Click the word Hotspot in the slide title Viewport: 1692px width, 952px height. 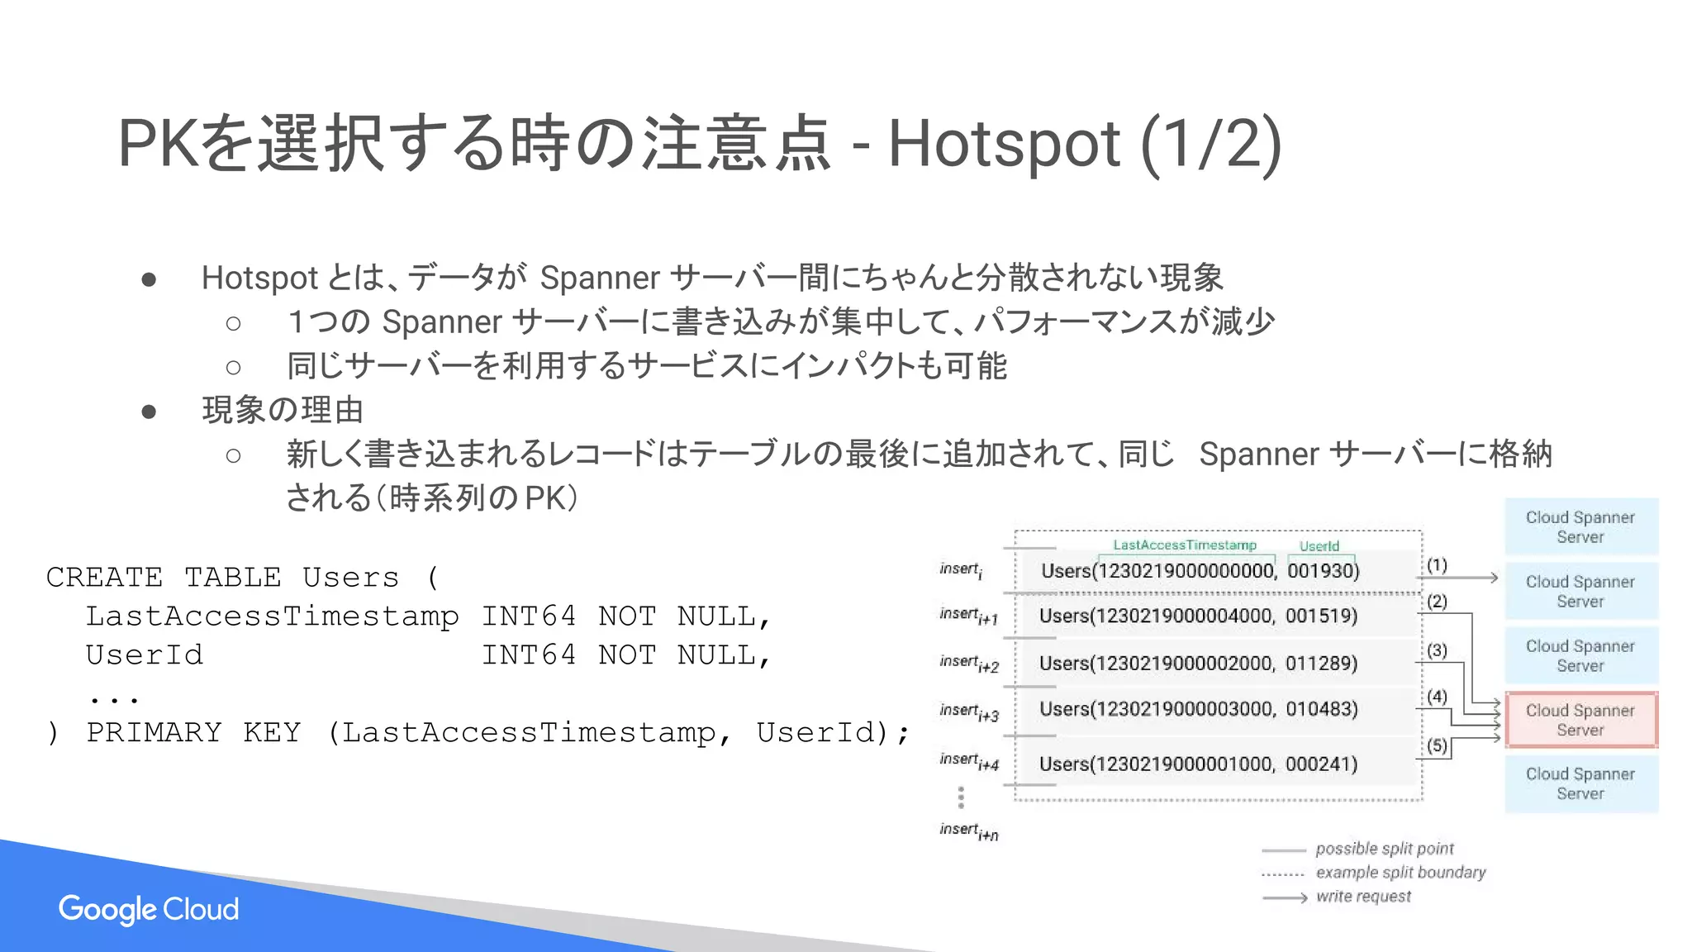coord(1004,144)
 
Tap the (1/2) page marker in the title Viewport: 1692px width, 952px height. coord(1211,144)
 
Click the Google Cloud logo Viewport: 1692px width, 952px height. coord(149,909)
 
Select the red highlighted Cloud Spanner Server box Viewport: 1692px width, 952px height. coord(1580,721)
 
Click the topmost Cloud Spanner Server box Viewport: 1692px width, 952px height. coord(1580,527)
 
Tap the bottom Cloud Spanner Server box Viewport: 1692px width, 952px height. coord(1580,784)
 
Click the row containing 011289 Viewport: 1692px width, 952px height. coord(1198,664)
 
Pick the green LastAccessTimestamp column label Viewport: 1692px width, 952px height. coord(1184,545)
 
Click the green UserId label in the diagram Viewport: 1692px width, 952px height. coord(1319,546)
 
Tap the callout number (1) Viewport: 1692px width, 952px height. coord(1437,565)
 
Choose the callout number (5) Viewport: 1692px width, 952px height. coord(1437,745)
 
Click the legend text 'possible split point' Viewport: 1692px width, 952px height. coord(1384,849)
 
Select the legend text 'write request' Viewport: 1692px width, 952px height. coord(1363,897)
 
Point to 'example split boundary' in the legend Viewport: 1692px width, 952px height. coord(1400,873)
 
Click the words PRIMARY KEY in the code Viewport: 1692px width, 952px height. coord(194,733)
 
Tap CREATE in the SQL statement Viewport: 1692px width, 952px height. coord(104,578)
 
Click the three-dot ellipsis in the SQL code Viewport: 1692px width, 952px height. coord(113,698)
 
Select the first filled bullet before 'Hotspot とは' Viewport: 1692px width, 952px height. coord(149,279)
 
